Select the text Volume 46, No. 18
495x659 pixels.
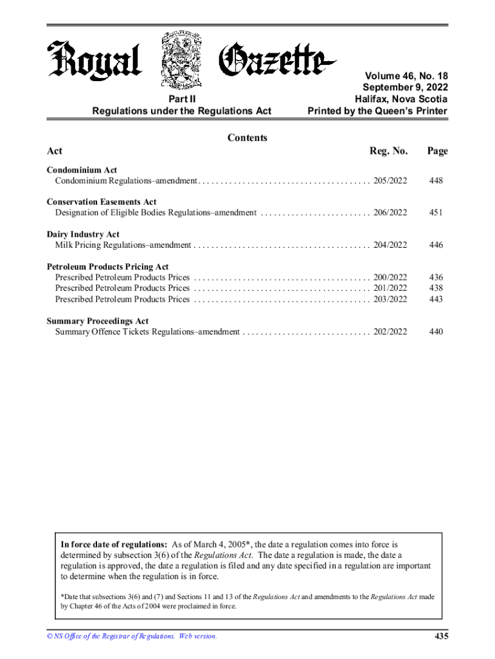click(x=406, y=75)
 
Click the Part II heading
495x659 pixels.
click(x=182, y=99)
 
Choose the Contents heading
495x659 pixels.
click(x=248, y=138)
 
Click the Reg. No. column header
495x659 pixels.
click(x=388, y=151)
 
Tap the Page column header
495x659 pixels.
click(x=437, y=151)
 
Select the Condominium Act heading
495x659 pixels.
click(x=82, y=170)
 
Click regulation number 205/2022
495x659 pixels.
click(x=390, y=181)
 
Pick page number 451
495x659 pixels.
click(x=437, y=213)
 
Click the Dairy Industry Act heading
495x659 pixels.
click(x=83, y=234)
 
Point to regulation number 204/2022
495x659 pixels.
click(x=390, y=245)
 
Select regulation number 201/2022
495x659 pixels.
click(x=390, y=288)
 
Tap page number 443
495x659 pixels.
click(x=437, y=299)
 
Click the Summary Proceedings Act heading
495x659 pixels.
click(x=97, y=320)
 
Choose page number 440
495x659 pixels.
click(x=437, y=331)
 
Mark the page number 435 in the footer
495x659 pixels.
click(x=440, y=636)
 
